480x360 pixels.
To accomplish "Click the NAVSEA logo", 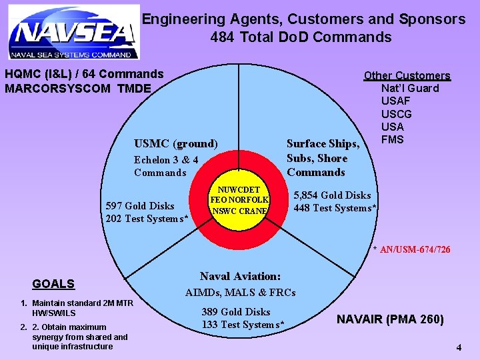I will pyautogui.click(x=73, y=32).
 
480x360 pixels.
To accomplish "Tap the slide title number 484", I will pyautogui.click(x=222, y=37).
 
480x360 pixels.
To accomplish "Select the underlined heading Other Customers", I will pyautogui.click(x=407, y=76).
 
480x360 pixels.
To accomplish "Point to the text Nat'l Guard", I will pyautogui.click(x=410, y=89).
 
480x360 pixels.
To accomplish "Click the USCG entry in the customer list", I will pyautogui.click(x=396, y=114).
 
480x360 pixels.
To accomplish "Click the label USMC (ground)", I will pyautogui.click(x=176, y=143).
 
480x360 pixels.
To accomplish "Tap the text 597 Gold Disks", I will pyautogui.click(x=140, y=206).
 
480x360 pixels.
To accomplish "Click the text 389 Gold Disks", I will pyautogui.click(x=236, y=312).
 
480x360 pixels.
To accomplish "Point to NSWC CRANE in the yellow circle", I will pyautogui.click(x=240, y=211).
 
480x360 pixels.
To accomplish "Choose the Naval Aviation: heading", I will pyautogui.click(x=240, y=276).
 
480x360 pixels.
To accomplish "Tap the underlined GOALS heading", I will pyautogui.click(x=53, y=284).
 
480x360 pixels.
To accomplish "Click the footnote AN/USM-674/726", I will pyautogui.click(x=415, y=250).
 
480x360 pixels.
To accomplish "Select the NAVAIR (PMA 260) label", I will pyautogui.click(x=390, y=319).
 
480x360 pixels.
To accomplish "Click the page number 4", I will pyautogui.click(x=459, y=347).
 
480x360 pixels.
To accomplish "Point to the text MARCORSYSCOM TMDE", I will pyautogui.click(x=78, y=88).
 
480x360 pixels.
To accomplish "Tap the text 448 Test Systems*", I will pyautogui.click(x=336, y=208).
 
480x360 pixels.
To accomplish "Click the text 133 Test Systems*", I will pyautogui.click(x=243, y=325).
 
